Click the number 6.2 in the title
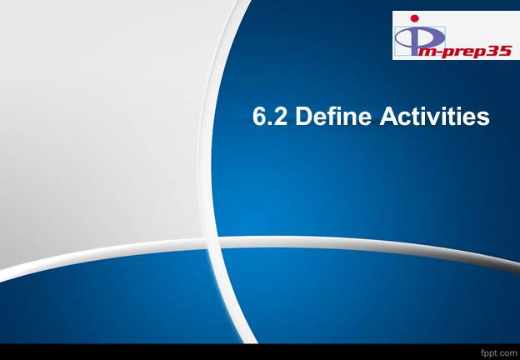[x=270, y=117]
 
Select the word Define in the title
[x=333, y=116]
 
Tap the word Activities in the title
[x=434, y=116]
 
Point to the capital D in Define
[x=303, y=117]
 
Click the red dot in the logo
[x=414, y=18]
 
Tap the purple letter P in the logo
[x=420, y=39]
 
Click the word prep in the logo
[x=463, y=52]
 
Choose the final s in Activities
[x=482, y=118]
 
